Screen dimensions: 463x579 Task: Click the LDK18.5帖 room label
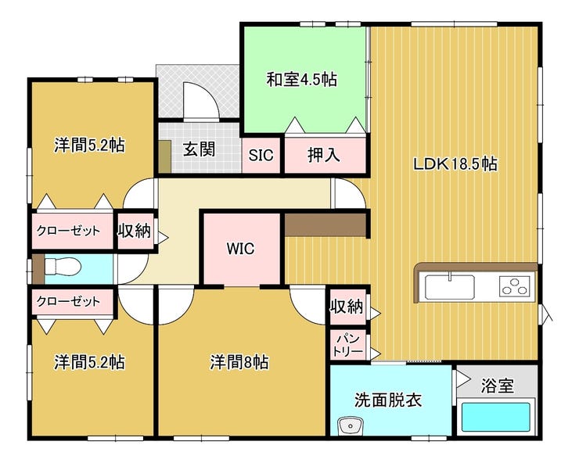coord(455,164)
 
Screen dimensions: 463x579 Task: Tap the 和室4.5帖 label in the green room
coord(301,79)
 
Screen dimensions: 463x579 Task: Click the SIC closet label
coord(261,155)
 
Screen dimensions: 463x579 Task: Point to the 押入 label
coord(323,155)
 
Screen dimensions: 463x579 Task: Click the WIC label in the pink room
coord(240,249)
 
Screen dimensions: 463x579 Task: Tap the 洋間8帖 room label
coord(239,362)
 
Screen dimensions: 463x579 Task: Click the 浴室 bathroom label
coord(497,386)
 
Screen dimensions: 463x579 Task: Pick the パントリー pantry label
coord(348,345)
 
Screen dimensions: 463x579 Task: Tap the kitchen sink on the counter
coord(449,286)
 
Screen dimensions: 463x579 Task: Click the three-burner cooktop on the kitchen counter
coord(513,286)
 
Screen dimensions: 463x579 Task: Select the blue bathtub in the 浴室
coord(496,416)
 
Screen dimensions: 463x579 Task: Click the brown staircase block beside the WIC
coord(325,224)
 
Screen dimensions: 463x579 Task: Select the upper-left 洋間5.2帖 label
coord(89,145)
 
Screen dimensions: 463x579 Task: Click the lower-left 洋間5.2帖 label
coord(89,362)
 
